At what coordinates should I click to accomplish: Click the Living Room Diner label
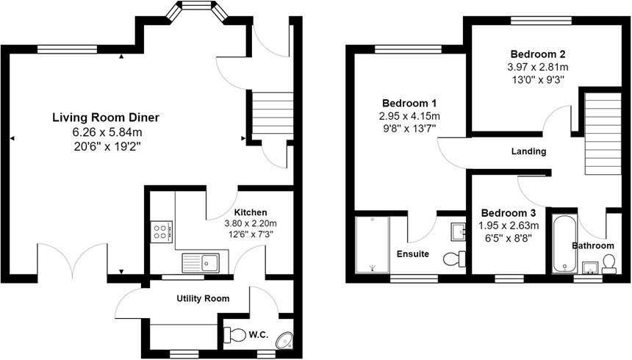[x=106, y=118]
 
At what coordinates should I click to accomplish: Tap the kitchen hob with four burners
[x=161, y=232]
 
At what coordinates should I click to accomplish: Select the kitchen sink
[x=199, y=260]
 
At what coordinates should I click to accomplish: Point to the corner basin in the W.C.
[x=284, y=339]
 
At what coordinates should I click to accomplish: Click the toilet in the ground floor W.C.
[x=235, y=335]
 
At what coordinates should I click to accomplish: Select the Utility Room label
[x=203, y=298]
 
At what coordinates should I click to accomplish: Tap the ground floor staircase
[x=273, y=114]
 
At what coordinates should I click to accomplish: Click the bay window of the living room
[x=195, y=10]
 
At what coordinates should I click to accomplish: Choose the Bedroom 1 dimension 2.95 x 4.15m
[x=409, y=116]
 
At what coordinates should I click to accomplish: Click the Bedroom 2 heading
[x=538, y=54]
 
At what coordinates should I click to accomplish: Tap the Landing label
[x=528, y=152]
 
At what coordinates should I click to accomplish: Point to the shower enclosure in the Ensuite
[x=372, y=244]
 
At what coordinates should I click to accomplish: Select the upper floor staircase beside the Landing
[x=600, y=140]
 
